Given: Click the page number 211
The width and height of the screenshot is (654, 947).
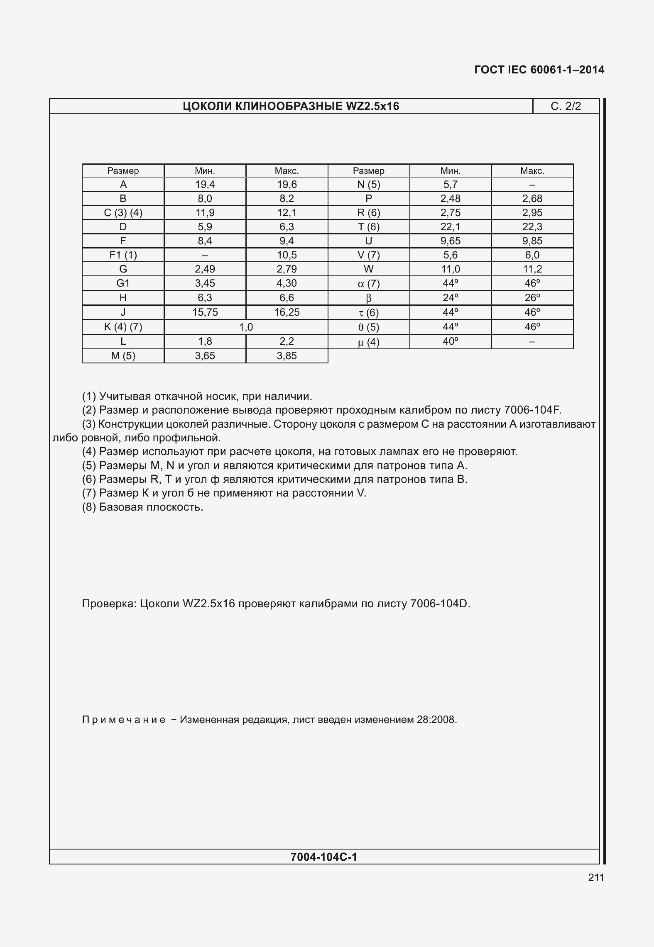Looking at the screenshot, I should [596, 877].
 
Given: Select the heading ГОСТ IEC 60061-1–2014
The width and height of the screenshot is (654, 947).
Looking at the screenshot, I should [539, 70].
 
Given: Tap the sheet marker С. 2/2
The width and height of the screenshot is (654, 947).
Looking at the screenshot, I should [566, 106].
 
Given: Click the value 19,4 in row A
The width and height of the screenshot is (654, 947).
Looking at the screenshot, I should [205, 185].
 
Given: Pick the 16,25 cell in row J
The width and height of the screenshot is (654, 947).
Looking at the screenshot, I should [287, 312].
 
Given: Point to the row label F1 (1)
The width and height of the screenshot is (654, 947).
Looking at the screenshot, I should [123, 255].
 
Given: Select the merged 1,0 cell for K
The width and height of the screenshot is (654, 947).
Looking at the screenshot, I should [246, 327].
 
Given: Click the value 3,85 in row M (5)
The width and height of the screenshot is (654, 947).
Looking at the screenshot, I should [287, 356].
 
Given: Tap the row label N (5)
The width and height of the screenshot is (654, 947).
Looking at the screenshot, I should [368, 185].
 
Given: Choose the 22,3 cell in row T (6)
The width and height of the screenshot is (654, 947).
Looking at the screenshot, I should [532, 227].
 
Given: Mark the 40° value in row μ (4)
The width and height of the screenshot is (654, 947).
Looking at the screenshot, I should [450, 341].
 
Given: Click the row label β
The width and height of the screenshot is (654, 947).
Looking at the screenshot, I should [368, 298].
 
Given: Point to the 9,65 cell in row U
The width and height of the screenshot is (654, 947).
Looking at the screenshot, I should [450, 241].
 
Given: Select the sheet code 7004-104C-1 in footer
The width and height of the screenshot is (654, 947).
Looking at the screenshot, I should [324, 857].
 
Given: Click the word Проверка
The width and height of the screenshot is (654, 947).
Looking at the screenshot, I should [109, 604].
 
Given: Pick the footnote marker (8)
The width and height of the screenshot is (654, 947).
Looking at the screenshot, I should [89, 507].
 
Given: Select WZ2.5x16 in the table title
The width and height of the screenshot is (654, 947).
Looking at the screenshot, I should [372, 106].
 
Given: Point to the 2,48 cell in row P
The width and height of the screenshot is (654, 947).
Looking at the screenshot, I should [450, 199].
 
